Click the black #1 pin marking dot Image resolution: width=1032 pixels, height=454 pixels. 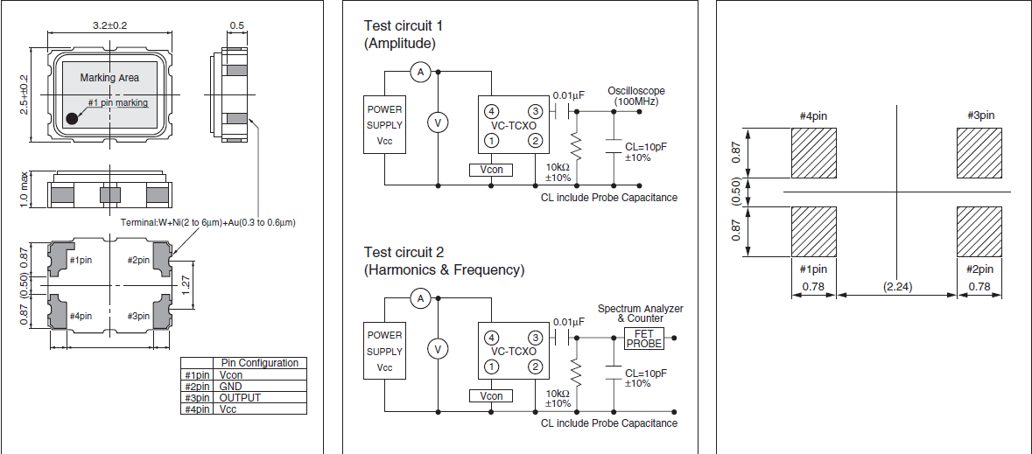(72, 119)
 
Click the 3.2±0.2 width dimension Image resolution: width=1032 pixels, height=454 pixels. (109, 25)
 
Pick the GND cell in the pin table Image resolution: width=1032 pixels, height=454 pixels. (231, 386)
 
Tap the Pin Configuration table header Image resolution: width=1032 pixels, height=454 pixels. (259, 363)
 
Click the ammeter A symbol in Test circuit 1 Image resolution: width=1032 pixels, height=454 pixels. (419, 73)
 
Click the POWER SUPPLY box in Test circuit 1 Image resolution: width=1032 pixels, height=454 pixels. (385, 124)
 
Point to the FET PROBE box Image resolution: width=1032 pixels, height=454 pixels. (643, 338)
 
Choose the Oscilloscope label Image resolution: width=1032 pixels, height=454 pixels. (635, 91)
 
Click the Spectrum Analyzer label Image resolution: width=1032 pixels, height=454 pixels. (640, 309)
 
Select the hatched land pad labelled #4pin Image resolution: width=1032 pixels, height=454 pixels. (815, 154)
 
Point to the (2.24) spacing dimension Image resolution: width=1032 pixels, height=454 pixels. (896, 286)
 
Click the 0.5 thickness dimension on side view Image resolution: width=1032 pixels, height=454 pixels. (236, 25)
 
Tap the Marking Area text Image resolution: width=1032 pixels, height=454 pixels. (109, 78)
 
